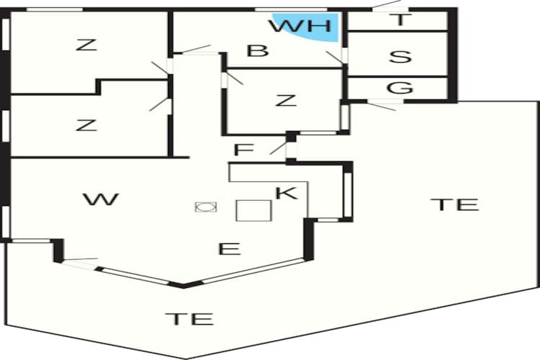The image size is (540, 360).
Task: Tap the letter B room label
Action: pyautogui.click(x=258, y=50)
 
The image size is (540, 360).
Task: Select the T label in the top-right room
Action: pyautogui.click(x=400, y=19)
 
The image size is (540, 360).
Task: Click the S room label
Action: pyautogui.click(x=400, y=57)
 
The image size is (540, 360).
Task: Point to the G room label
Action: pyautogui.click(x=400, y=88)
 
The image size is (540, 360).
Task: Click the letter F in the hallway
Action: pyautogui.click(x=244, y=150)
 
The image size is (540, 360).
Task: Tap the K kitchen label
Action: pyautogui.click(x=286, y=193)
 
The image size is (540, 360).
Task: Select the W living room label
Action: pyautogui.click(x=101, y=199)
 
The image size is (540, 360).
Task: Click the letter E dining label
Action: pyautogui.click(x=230, y=248)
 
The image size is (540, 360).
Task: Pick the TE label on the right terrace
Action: pyautogui.click(x=454, y=204)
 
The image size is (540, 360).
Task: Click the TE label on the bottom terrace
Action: pyautogui.click(x=189, y=319)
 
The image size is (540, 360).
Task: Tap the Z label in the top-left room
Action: pyautogui.click(x=86, y=45)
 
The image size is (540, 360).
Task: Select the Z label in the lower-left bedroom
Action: pyautogui.click(x=86, y=125)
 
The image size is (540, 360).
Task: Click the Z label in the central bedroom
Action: pyautogui.click(x=286, y=100)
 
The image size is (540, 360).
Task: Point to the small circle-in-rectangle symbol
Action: pyautogui.click(x=206, y=207)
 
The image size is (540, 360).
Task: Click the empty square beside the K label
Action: pyautogui.click(x=254, y=210)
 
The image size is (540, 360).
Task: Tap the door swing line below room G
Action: pyautogui.click(x=382, y=106)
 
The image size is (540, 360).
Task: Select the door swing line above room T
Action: pyautogui.click(x=387, y=4)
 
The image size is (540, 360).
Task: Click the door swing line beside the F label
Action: pyautogui.click(x=279, y=148)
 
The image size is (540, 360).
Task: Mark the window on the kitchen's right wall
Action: pyautogui.click(x=348, y=195)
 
